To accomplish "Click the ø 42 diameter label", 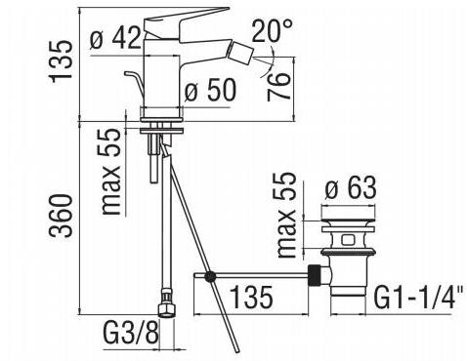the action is [115, 39].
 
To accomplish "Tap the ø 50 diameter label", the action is [210, 90].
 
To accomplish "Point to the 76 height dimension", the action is [278, 86].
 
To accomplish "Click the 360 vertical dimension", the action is [60, 216].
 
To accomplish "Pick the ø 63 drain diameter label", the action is [351, 187].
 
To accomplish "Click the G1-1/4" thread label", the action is [419, 298].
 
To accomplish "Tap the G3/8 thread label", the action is [131, 333].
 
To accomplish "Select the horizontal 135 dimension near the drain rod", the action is [251, 297].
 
